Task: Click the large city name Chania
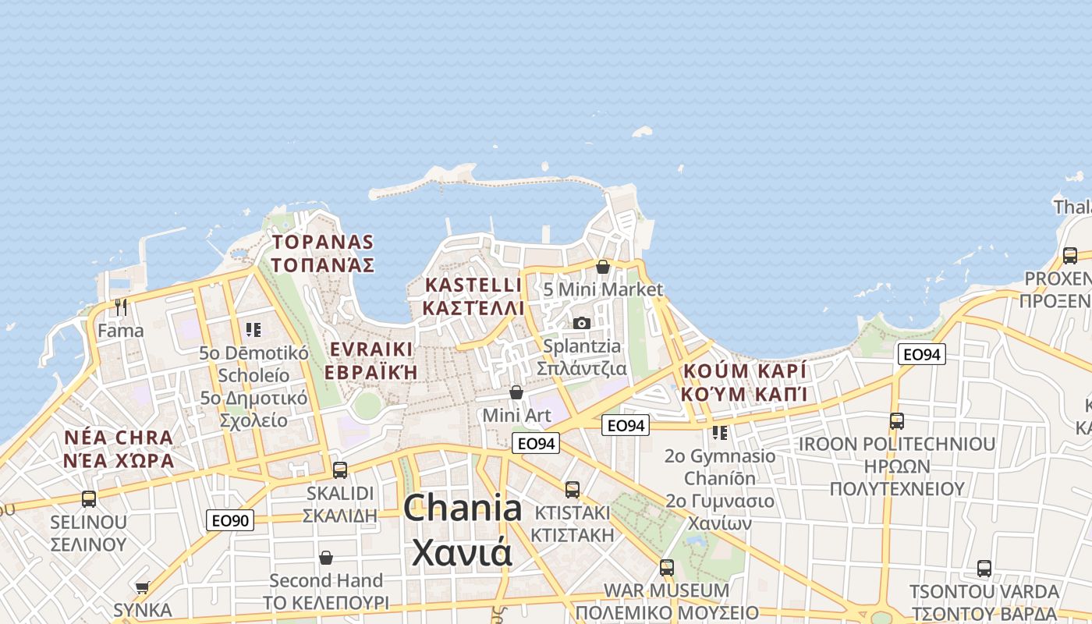point(463,509)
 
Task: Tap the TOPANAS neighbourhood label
point(323,243)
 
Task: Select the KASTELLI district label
point(473,285)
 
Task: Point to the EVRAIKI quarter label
point(370,349)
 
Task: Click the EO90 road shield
point(230,520)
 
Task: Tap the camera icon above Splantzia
point(582,323)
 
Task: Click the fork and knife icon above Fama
point(120,307)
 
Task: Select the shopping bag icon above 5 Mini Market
point(603,267)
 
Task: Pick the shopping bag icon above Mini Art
point(516,392)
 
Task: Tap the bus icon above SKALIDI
point(340,470)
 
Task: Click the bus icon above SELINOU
point(89,498)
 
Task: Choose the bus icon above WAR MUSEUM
point(666,567)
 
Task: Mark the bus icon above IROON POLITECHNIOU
point(897,421)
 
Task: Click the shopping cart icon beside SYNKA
point(142,587)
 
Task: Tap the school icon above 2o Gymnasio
point(719,432)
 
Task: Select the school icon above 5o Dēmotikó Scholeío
point(253,330)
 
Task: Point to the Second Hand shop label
point(326,580)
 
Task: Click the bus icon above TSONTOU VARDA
point(984,568)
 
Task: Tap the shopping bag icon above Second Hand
point(326,558)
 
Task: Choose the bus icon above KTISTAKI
point(573,490)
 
